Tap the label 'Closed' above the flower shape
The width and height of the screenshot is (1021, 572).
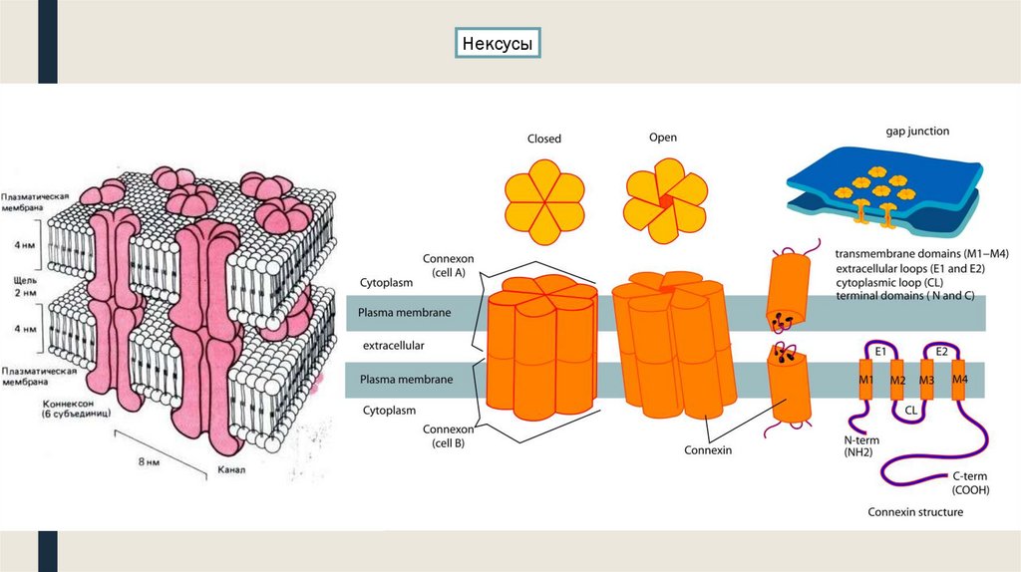click(544, 140)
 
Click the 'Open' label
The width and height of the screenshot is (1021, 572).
click(663, 138)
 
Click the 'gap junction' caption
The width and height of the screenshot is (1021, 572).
click(916, 131)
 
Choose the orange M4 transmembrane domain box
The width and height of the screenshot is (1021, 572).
click(959, 381)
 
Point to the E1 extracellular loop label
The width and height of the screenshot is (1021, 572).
click(880, 352)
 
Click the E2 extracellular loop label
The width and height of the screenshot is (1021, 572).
click(941, 352)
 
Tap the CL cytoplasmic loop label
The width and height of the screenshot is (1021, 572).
click(911, 409)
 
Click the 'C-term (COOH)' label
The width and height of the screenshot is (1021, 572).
click(969, 483)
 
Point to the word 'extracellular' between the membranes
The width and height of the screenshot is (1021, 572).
click(393, 345)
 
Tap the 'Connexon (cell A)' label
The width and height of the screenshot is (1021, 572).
click(448, 265)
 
